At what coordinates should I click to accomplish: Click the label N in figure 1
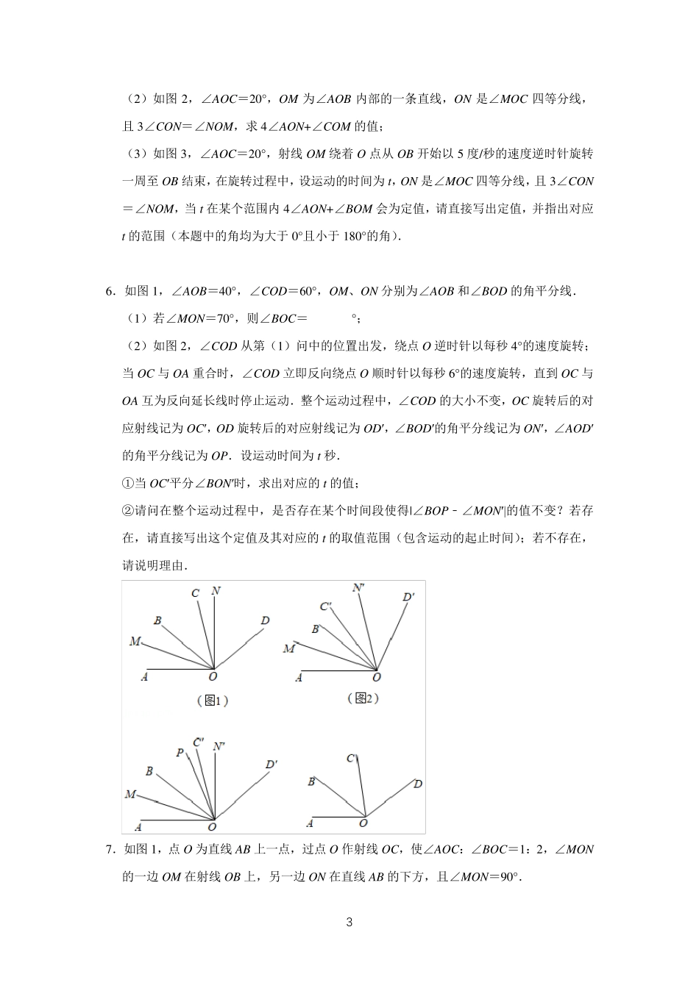[x=216, y=591]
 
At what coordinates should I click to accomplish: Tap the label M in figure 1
[x=135, y=642]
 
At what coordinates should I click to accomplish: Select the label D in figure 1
[x=265, y=621]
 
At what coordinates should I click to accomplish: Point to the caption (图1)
[x=213, y=701]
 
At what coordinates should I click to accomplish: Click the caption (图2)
[x=363, y=698]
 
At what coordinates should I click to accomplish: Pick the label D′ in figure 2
[x=409, y=597]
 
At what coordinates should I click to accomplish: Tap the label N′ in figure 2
[x=359, y=587]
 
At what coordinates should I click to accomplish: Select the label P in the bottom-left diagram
[x=180, y=753]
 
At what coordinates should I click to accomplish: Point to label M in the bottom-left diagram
[x=130, y=794]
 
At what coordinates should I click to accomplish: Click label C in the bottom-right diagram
[x=352, y=758]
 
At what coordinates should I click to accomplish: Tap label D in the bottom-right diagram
[x=417, y=784]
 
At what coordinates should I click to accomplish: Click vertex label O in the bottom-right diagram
[x=363, y=824]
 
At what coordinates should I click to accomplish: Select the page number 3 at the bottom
[x=349, y=923]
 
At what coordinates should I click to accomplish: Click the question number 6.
[x=110, y=291]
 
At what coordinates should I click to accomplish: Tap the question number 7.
[x=110, y=850]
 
